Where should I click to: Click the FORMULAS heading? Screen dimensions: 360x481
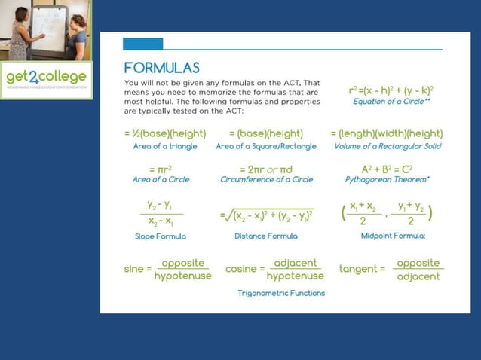coord(162,66)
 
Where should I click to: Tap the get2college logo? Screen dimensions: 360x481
coord(46,78)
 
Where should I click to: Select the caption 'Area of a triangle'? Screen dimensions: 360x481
coord(165,146)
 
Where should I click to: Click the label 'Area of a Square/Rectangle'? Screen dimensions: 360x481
coord(266,146)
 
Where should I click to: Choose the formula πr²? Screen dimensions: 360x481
coord(161,169)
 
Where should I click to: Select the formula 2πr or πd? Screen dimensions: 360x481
coord(266,169)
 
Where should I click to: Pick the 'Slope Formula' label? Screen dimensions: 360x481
coord(161,236)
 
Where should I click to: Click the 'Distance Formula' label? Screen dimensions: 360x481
coord(266,236)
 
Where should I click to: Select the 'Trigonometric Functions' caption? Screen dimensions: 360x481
coord(281,293)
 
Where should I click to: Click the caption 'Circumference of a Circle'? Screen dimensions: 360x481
coord(266,180)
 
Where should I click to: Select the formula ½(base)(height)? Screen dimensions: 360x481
coord(165,133)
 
